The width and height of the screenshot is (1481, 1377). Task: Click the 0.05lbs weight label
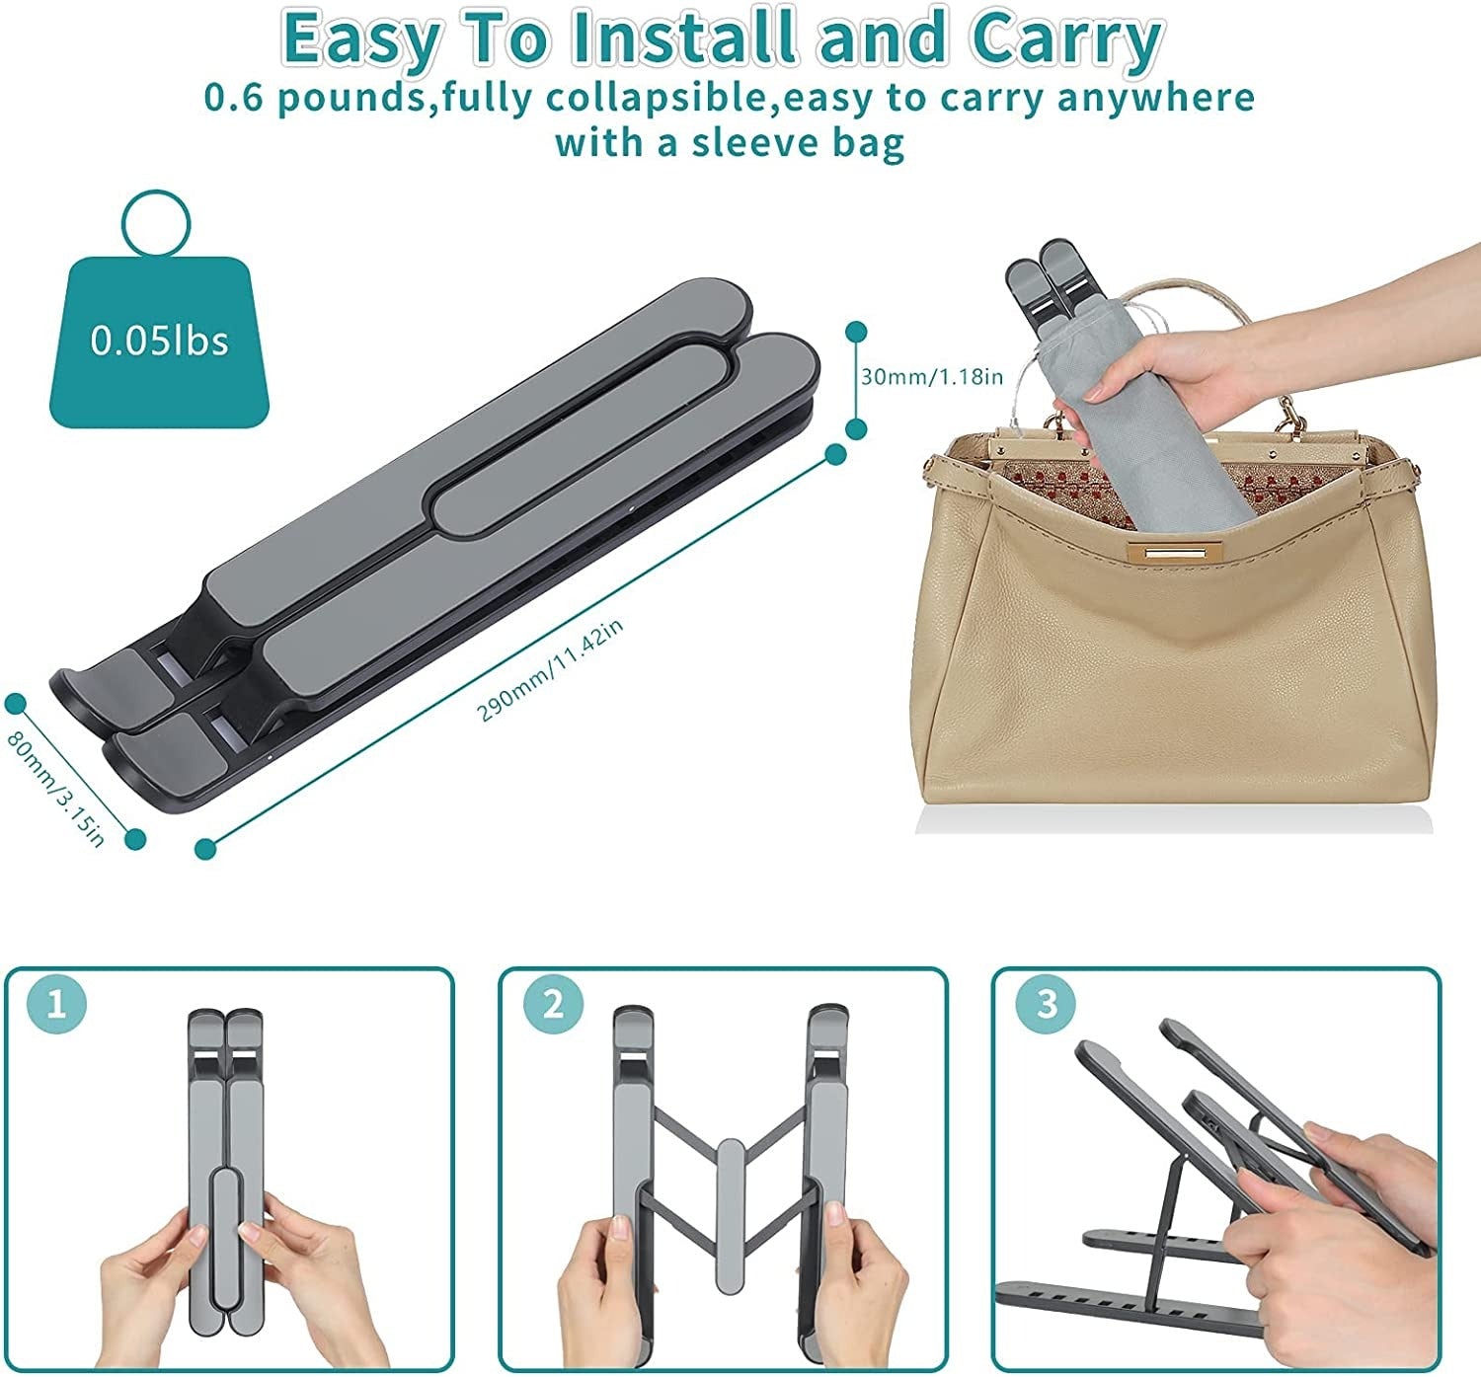(x=159, y=341)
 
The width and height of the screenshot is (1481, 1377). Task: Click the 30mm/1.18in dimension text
(x=931, y=376)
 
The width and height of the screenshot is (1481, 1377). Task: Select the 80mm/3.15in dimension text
(x=56, y=788)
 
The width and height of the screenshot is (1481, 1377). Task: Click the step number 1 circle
(x=56, y=1004)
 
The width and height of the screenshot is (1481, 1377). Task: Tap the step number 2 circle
(x=553, y=1004)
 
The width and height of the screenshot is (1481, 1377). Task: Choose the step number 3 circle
(x=1047, y=1004)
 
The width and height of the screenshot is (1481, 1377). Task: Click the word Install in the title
(x=684, y=38)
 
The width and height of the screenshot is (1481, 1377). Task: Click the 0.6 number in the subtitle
(x=233, y=99)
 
